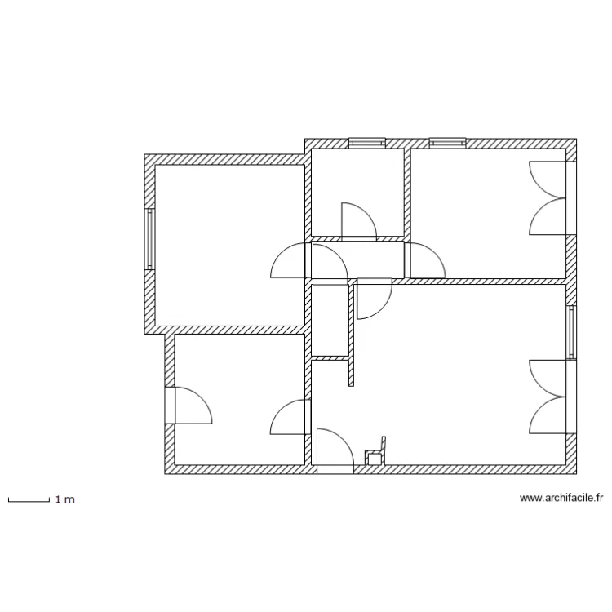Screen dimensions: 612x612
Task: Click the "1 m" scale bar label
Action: [x=65, y=499]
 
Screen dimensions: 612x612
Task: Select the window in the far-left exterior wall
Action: [x=149, y=239]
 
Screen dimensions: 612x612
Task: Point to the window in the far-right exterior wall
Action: [x=572, y=333]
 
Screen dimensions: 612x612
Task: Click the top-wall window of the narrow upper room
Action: [x=366, y=143]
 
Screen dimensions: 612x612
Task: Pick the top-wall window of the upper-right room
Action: [x=447, y=143]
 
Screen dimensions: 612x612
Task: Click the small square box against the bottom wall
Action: [x=375, y=459]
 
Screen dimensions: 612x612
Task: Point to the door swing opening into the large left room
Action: [x=288, y=263]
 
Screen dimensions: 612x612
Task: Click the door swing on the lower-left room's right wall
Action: [x=289, y=417]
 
